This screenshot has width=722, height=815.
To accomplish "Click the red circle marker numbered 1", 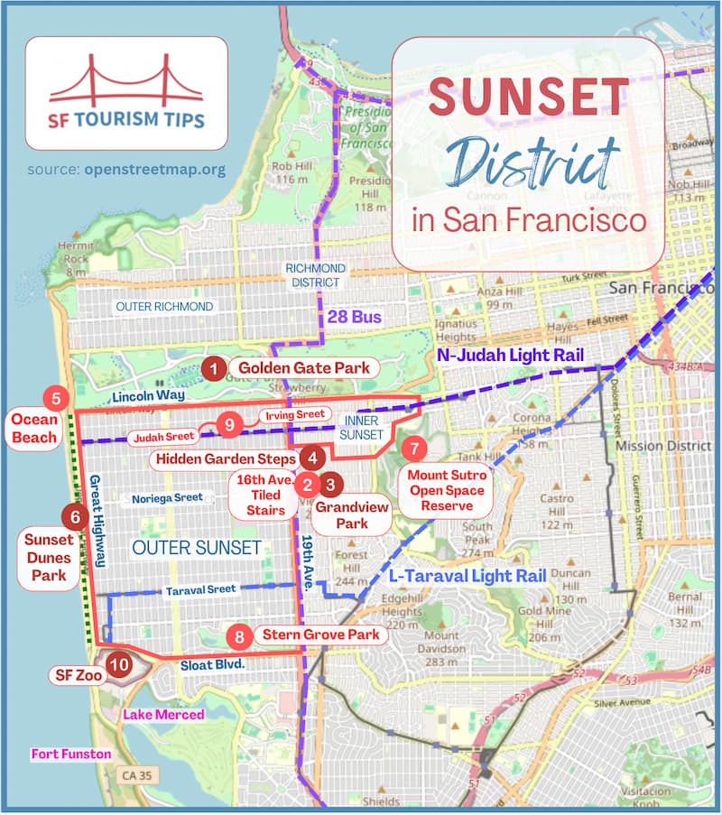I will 213,368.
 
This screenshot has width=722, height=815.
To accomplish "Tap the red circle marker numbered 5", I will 56,398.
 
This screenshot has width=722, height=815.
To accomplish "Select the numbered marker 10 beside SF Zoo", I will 117,665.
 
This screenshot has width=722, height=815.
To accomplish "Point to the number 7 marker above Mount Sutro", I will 413,448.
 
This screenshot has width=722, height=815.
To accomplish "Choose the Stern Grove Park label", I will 319,635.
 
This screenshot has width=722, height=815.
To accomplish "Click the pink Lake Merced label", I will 163,714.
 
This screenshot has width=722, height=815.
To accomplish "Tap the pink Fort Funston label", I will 71,754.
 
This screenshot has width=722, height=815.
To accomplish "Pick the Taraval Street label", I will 200,589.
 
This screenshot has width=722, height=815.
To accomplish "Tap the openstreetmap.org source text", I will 154,169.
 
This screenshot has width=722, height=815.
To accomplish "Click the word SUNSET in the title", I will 528,97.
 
